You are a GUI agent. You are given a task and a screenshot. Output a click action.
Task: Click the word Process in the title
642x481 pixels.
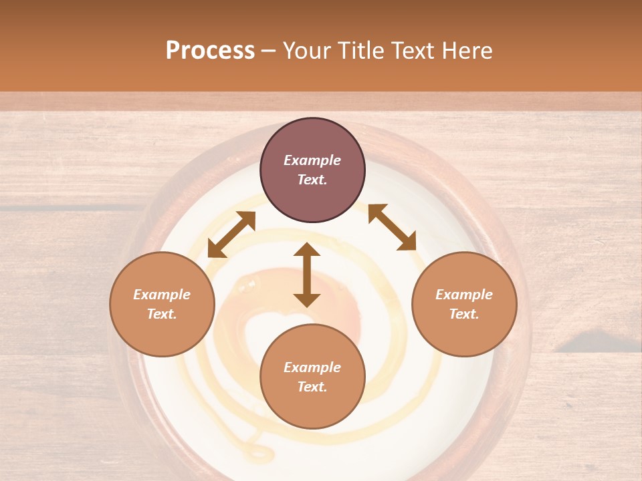[x=210, y=51]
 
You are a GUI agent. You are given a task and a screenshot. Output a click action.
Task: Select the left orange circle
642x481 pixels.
[x=162, y=304]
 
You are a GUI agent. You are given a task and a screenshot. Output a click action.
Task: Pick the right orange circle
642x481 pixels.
[x=464, y=304]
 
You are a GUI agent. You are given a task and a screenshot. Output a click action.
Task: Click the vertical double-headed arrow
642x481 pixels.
[x=307, y=275]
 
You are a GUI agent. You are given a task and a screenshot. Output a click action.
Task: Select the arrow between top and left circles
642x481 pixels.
[x=232, y=234]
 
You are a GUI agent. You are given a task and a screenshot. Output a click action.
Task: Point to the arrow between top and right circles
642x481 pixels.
[x=393, y=227]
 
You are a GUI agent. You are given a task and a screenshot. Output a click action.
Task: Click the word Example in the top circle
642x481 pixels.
[x=312, y=160]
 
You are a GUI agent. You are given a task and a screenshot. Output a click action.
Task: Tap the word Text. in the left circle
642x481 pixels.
[x=162, y=314]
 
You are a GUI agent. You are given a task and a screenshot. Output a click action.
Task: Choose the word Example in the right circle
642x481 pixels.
[x=464, y=295]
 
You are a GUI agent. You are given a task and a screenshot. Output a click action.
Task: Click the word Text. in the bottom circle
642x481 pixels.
[x=312, y=387]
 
